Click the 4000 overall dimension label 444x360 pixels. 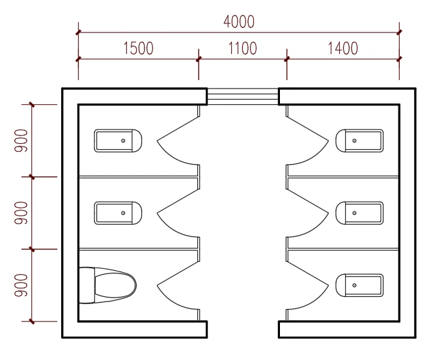point(239,22)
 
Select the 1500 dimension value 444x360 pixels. point(139,48)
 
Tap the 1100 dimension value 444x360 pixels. point(243,48)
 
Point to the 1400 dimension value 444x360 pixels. point(343,48)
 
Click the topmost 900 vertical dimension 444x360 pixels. point(21,141)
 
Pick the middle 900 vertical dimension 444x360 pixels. point(21,213)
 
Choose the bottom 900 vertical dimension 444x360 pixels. point(21,286)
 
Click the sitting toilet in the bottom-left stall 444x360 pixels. point(107,285)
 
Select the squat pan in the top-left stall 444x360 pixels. point(118,141)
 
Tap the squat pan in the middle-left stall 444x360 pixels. point(118,213)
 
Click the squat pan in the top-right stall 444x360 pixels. point(359,141)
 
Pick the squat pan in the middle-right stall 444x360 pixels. point(359,213)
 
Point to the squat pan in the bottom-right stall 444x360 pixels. point(359,285)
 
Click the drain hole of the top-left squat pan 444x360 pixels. point(123,141)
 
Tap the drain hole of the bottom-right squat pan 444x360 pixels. point(354,285)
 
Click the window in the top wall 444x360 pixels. point(243,96)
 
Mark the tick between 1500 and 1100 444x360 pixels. point(199,59)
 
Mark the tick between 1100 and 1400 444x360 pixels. point(287,59)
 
